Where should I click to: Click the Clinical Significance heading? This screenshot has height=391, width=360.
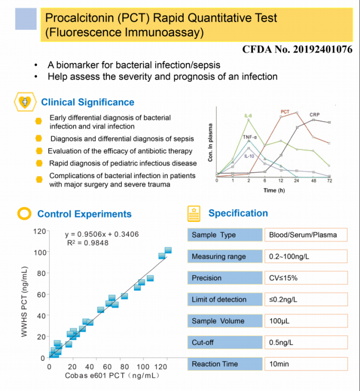pyautogui.click(x=88, y=102)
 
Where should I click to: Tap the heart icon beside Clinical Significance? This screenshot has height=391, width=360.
pyautogui.click(x=24, y=102)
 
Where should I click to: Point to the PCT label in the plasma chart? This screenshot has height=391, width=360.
pyautogui.click(x=285, y=111)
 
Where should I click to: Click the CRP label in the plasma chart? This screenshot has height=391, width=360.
pyautogui.click(x=314, y=114)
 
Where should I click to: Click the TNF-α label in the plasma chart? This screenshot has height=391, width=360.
pyautogui.click(x=250, y=137)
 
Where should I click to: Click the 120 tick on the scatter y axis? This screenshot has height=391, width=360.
pyautogui.click(x=38, y=231)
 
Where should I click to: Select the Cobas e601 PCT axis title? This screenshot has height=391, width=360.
pyautogui.click(x=112, y=376)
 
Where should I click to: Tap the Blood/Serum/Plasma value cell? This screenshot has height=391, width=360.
pyautogui.click(x=306, y=235)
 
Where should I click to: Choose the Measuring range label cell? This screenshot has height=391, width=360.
pyautogui.click(x=225, y=256)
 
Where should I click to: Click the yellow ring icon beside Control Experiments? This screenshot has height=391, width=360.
pyautogui.click(x=24, y=214)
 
